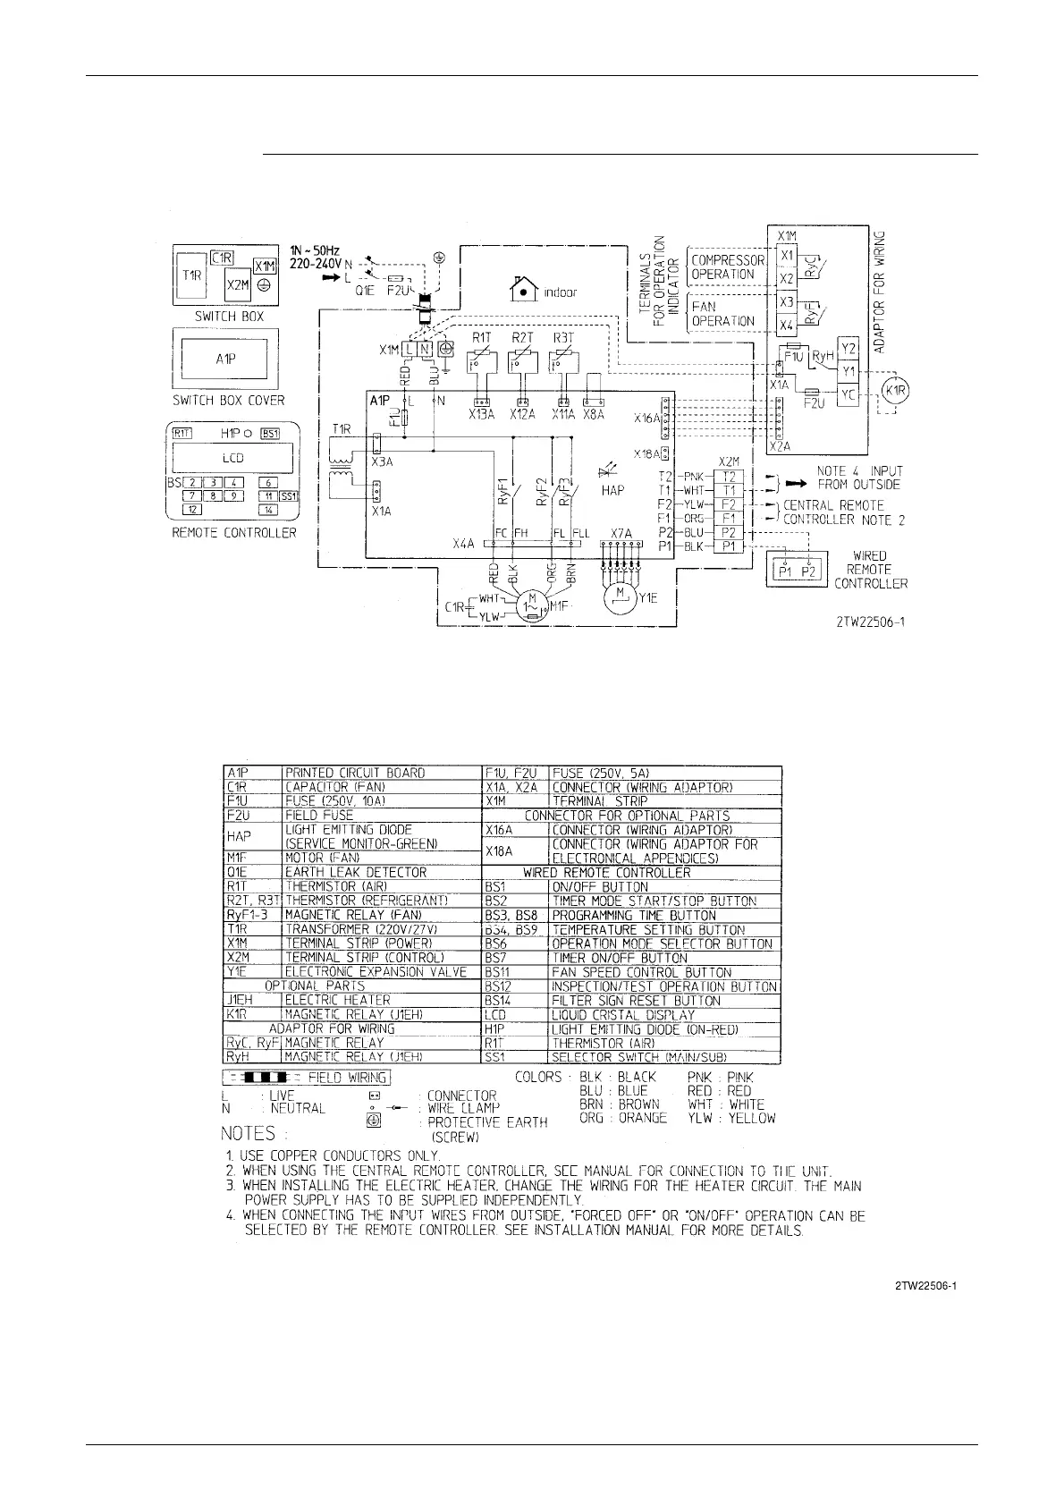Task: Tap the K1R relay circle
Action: [x=894, y=390]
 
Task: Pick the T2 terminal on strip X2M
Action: [x=729, y=477]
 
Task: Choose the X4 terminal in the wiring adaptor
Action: [x=787, y=326]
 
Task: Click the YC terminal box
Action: [x=848, y=394]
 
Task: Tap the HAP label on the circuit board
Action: [x=613, y=490]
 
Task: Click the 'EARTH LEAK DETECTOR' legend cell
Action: [x=356, y=872]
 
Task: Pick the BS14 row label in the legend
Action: [x=497, y=1000]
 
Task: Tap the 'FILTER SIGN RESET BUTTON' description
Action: [x=636, y=1000]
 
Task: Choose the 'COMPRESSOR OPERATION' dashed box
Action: [x=727, y=267]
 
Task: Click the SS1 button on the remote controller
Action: [x=288, y=496]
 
